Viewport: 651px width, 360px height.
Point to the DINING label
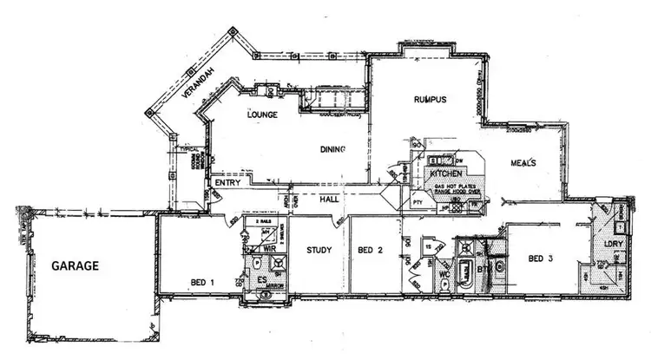334,149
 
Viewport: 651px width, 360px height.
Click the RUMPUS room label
430,100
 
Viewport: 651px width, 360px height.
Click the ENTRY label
227,183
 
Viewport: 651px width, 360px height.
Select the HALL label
328,199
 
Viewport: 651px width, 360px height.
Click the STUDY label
319,251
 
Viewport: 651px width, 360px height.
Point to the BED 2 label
371,251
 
